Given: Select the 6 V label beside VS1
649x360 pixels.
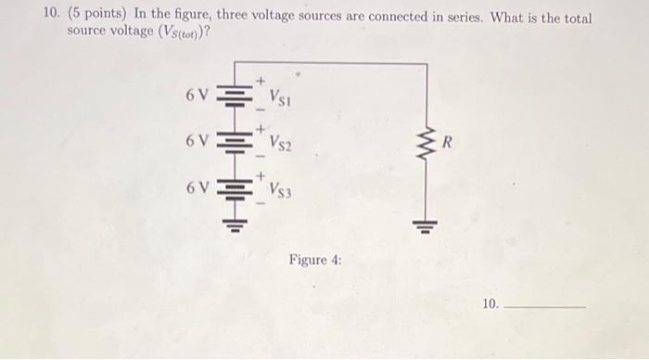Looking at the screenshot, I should click(x=196, y=94).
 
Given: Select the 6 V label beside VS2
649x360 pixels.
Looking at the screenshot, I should click(x=196, y=141).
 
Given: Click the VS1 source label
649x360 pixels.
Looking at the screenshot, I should click(x=282, y=96).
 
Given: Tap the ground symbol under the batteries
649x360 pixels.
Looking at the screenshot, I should click(x=235, y=228).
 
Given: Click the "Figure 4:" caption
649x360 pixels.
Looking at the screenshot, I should click(x=315, y=261).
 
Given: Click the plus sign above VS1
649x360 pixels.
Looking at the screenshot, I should click(x=261, y=81).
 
